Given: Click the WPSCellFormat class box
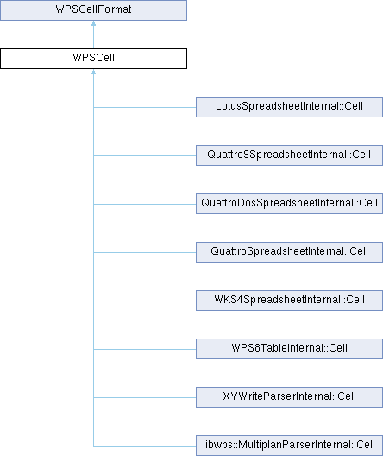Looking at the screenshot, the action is [x=93, y=10].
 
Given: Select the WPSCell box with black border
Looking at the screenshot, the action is [x=93, y=59].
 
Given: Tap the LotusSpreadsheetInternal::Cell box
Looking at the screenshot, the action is [x=289, y=107].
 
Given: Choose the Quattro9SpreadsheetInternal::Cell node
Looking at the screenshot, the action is [x=289, y=155].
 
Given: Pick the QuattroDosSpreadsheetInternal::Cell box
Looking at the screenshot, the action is [x=289, y=204].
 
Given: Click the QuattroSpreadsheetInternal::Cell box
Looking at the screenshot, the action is [x=289, y=252].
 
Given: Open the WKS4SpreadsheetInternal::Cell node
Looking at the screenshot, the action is [x=289, y=301].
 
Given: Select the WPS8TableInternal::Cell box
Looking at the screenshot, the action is [x=289, y=349].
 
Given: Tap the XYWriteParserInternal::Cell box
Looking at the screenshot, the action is [x=289, y=397].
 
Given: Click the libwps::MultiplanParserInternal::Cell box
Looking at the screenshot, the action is [x=289, y=446].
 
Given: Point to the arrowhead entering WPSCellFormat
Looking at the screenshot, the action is [x=93, y=23].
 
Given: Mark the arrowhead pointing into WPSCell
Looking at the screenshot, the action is [x=93, y=72].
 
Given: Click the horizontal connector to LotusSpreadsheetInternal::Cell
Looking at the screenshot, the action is [x=145, y=107].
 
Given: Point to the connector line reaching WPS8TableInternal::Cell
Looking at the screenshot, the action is [x=145, y=349].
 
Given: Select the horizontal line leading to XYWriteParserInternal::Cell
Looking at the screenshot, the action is [x=145, y=397].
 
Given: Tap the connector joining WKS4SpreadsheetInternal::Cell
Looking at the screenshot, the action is [x=145, y=301].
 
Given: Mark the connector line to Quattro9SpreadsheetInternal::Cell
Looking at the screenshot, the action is [x=145, y=155].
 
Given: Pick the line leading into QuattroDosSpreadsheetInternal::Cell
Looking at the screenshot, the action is [x=145, y=204].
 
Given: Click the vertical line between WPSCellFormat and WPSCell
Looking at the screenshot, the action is [x=93, y=37].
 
